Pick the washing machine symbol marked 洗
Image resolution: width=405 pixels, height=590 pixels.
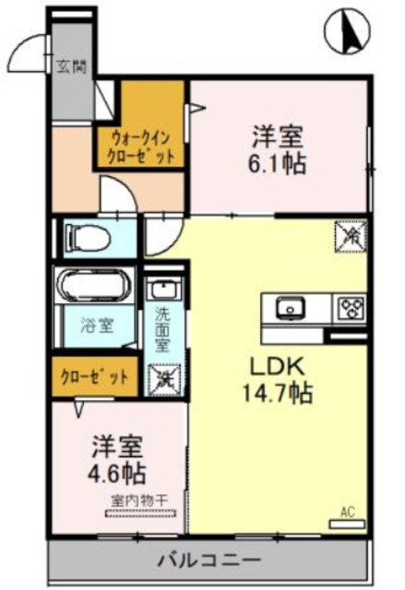click(163, 377)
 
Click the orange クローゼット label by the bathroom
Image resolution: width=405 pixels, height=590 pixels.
click(95, 377)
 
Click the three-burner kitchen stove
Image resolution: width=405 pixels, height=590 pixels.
click(351, 306)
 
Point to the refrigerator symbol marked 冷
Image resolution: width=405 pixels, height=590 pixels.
click(351, 237)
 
